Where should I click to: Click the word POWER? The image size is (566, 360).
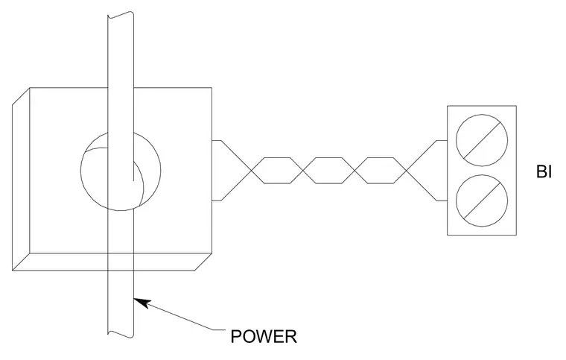(x=264, y=337)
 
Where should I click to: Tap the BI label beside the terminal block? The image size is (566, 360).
(x=544, y=171)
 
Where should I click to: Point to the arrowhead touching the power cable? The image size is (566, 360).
(x=141, y=303)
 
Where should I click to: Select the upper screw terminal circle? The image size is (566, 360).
(x=482, y=140)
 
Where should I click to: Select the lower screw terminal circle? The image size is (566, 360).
(x=482, y=200)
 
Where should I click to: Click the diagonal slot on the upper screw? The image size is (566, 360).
(x=482, y=140)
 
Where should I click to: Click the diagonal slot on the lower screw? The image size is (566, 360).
(x=482, y=200)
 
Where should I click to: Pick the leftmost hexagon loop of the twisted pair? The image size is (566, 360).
(x=277, y=158)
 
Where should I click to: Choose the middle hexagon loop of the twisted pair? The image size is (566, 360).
(x=328, y=158)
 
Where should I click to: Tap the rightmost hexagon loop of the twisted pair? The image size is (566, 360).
(x=380, y=158)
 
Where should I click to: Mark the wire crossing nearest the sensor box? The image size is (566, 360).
(x=252, y=171)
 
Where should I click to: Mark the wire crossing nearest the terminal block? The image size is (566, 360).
(x=406, y=171)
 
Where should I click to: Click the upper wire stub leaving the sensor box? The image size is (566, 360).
(x=216, y=140)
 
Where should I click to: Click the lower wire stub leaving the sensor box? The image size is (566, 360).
(x=216, y=200)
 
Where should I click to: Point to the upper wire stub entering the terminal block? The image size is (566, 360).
(x=442, y=140)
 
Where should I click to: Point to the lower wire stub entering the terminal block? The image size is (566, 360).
(x=442, y=200)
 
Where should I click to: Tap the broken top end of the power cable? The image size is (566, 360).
(x=121, y=15)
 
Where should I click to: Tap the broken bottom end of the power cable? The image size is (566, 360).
(x=121, y=334)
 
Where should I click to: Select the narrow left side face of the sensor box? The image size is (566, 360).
(x=21, y=179)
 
